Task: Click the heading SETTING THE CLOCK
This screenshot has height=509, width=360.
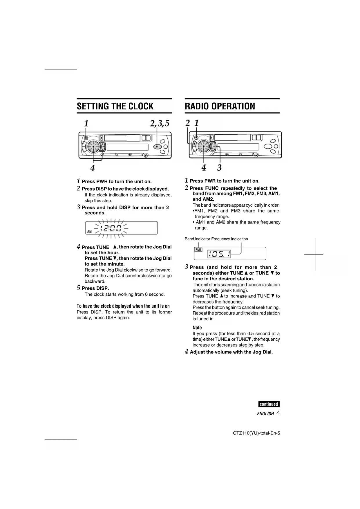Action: coord(115,106)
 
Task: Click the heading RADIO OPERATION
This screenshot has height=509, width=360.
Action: coord(220,106)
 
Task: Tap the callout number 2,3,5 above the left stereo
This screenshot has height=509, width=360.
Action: coord(160,123)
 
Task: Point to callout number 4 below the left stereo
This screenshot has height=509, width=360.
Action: coord(93,168)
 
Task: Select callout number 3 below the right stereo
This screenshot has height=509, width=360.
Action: coord(219,167)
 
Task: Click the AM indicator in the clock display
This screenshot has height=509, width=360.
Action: coord(89,232)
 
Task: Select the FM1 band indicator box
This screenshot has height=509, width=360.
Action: coord(198,250)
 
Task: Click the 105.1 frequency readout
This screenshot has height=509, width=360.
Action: coord(219,255)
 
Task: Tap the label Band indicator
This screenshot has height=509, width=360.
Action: coord(197,239)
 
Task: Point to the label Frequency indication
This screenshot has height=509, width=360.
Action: coord(229,239)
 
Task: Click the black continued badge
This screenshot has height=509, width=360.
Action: coord(269,404)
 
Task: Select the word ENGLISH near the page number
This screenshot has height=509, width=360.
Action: coord(265,414)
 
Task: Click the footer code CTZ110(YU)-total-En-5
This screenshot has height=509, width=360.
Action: coord(256,433)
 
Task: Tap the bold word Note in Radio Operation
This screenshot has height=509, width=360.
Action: coord(197,328)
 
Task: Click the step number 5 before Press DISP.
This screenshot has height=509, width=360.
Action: coord(78,288)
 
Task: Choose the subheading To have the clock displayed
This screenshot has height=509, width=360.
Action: coord(123,306)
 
